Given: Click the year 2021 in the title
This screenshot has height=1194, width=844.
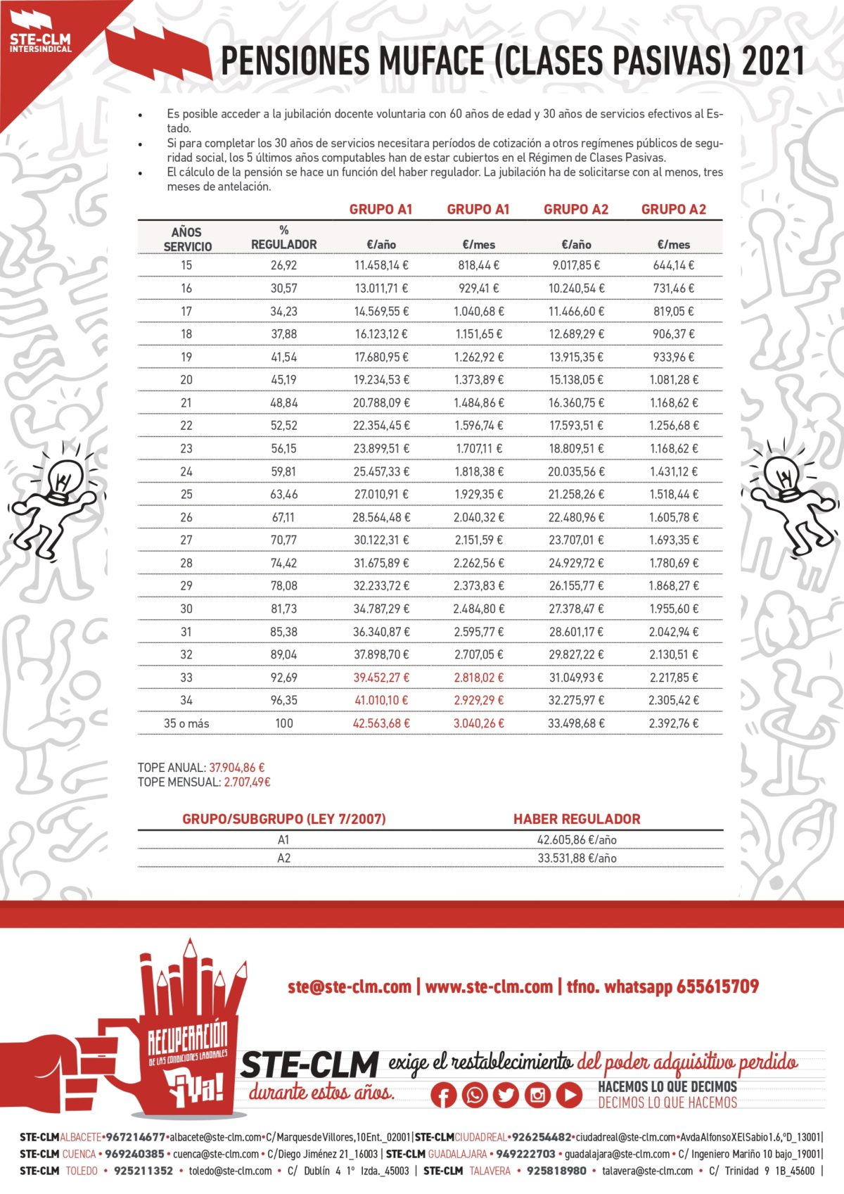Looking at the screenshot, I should [773, 62].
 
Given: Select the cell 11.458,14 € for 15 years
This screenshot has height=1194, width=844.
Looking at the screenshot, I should [381, 265].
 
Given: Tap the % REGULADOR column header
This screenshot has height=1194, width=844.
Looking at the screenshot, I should [283, 237].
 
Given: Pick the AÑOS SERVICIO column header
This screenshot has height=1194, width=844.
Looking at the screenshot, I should [186, 239].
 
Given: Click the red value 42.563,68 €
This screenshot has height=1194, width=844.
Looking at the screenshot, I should [381, 723].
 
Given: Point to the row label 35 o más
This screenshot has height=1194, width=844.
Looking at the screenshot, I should [186, 723].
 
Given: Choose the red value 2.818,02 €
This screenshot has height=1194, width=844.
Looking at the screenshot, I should [478, 678].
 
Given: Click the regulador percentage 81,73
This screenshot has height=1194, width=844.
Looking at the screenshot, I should [283, 609].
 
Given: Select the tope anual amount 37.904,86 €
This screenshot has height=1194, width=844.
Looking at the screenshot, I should [237, 768].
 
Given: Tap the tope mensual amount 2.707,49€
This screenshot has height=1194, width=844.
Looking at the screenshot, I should [247, 782].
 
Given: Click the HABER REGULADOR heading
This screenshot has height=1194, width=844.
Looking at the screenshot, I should [577, 819].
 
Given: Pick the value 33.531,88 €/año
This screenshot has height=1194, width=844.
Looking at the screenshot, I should [577, 858].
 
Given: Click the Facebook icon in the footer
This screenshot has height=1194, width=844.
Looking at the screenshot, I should [443, 1095].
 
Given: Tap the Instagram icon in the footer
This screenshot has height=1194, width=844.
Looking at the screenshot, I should [537, 1095].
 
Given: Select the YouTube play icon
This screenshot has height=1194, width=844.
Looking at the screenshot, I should [569, 1095].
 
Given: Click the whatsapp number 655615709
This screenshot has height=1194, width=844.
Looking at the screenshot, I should [717, 986].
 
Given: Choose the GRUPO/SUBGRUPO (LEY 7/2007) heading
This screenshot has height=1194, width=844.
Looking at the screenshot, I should [283, 819].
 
